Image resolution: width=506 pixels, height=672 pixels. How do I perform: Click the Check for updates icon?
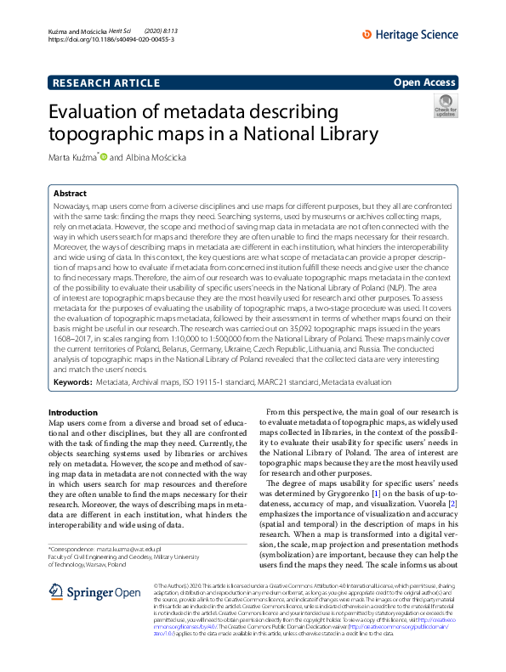tap(446, 106)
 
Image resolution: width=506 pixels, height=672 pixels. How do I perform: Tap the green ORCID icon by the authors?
tap(104, 156)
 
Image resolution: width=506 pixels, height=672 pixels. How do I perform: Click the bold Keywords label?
tap(72, 383)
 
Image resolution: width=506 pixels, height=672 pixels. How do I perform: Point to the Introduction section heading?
tap(73, 412)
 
